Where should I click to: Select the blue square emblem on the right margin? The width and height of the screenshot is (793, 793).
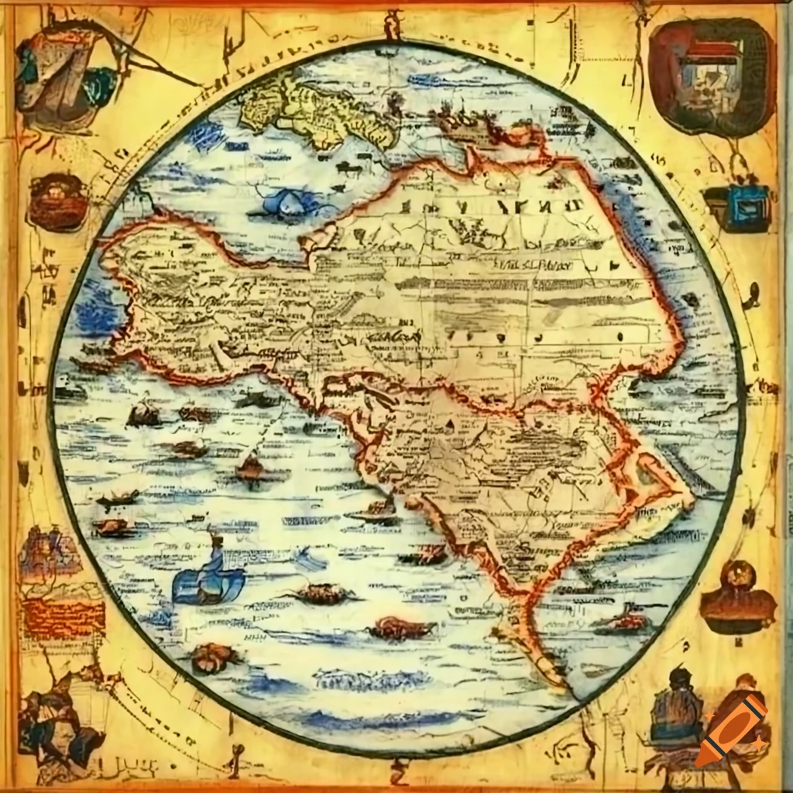pos(737,207)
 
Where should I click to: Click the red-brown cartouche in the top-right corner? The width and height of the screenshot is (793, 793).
pos(712,75)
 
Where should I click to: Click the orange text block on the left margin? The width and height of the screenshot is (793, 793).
pos(63,617)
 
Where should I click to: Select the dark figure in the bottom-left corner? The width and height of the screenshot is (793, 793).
pos(58,724)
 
